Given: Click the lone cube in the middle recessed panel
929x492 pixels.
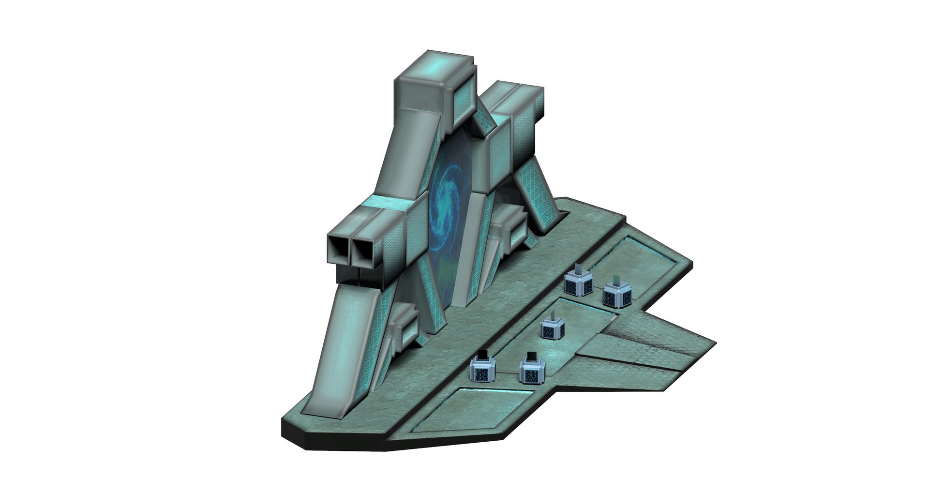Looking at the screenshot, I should click(x=552, y=329).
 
